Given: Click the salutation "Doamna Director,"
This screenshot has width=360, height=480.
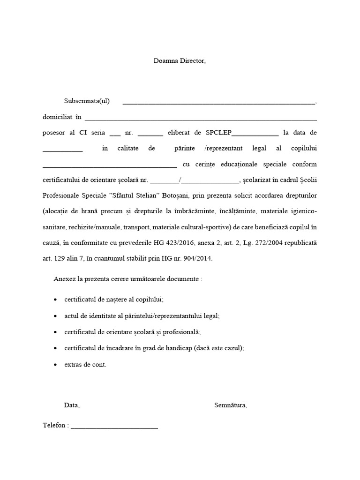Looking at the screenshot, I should pos(180,61).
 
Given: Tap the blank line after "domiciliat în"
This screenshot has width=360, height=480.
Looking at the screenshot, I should pos(200,119).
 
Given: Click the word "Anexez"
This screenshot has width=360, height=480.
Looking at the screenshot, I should pos(64,278).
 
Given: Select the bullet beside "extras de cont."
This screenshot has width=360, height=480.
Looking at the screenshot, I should pos(56,364).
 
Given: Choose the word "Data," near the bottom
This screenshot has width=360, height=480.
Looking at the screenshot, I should pos(72,405).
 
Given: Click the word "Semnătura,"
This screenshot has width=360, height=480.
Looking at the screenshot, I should pos(231,405).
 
